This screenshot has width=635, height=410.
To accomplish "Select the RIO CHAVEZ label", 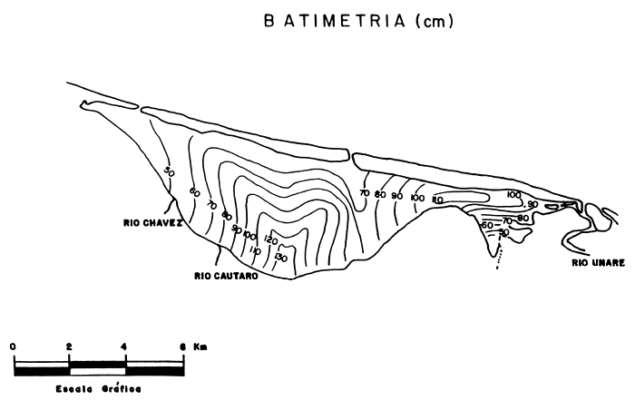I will [152, 221].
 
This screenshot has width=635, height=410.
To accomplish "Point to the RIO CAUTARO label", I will [226, 278].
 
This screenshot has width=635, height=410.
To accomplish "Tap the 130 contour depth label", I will [280, 259].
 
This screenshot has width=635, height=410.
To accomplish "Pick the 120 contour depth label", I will [269, 240].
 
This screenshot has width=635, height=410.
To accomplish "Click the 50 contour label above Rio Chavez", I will [169, 171].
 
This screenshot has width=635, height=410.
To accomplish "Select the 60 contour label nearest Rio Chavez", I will [194, 191].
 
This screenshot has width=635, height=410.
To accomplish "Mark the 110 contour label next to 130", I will [256, 250].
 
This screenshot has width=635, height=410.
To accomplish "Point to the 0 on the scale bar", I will [14, 347].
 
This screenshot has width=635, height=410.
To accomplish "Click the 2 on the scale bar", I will [70, 347].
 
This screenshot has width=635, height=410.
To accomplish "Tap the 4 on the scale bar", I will [126, 347].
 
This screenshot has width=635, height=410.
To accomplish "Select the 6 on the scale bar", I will [182, 347].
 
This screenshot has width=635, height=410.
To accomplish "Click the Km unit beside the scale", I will [200, 347].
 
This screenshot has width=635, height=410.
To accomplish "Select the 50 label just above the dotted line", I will [504, 233].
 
